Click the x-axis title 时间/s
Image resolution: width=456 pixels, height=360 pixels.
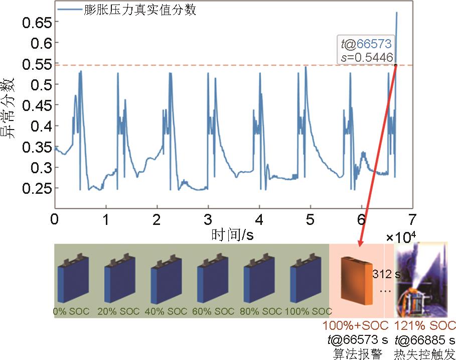click(232, 234)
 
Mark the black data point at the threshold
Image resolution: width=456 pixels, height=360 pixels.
click(395, 65)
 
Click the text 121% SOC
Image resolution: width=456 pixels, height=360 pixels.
click(425, 325)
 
